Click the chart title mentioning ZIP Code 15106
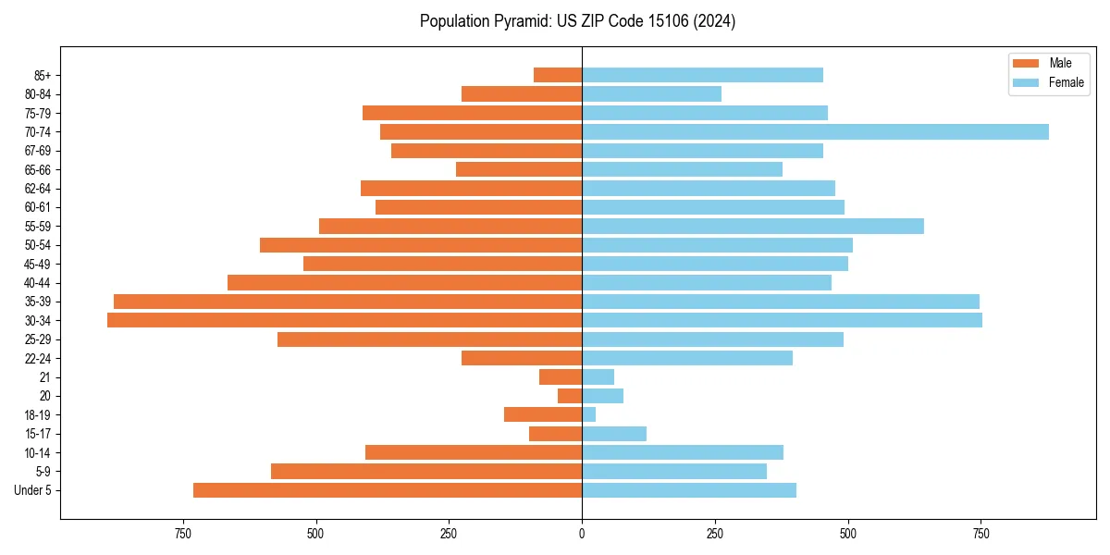pos(577,21)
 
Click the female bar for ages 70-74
pos(815,131)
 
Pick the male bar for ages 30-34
pos(344,320)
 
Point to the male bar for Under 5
pos(388,490)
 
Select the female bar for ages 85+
pos(702,75)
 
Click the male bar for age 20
pos(570,396)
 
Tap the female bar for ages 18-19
pos(588,414)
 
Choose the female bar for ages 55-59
pos(753,226)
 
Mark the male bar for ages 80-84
pos(522,93)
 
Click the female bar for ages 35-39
pos(781,302)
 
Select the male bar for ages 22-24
pos(522,358)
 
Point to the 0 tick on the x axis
pos(582,534)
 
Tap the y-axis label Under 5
pos(32,490)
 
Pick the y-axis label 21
pos(45,377)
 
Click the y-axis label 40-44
pos(38,283)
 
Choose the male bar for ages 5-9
pos(426,471)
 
